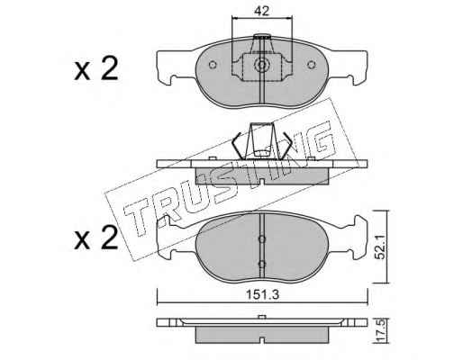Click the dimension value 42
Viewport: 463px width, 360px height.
(x=261, y=11)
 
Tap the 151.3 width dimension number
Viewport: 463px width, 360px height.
(x=263, y=294)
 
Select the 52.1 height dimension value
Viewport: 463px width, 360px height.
(x=381, y=247)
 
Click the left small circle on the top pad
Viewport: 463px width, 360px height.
(x=213, y=65)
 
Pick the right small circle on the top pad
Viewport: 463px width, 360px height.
(x=312, y=64)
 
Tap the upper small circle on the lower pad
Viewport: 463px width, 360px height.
(x=262, y=238)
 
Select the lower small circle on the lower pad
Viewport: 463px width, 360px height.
(x=262, y=265)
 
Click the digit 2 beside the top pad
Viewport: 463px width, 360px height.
(x=109, y=69)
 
